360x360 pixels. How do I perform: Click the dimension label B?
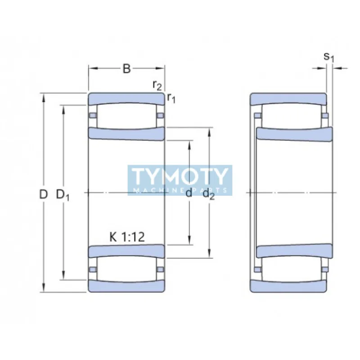pos(127,69)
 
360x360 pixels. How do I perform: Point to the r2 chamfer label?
pos(157,85)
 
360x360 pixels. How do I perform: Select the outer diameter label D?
pos(43,194)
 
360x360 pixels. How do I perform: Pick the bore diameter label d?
pos(189,193)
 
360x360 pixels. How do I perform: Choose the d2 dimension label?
pos(208,194)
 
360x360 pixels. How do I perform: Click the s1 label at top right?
pos(329,57)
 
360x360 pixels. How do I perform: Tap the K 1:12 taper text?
pos(127,237)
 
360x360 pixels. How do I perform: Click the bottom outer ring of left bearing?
pos(126,286)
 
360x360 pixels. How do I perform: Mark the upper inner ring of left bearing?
pos(126,134)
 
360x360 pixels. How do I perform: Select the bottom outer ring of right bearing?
pos(288,286)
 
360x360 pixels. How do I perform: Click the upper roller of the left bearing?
pos(126,116)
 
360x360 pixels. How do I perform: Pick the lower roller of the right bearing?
pos(292,269)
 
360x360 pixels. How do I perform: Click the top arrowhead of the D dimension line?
pos(44,96)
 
